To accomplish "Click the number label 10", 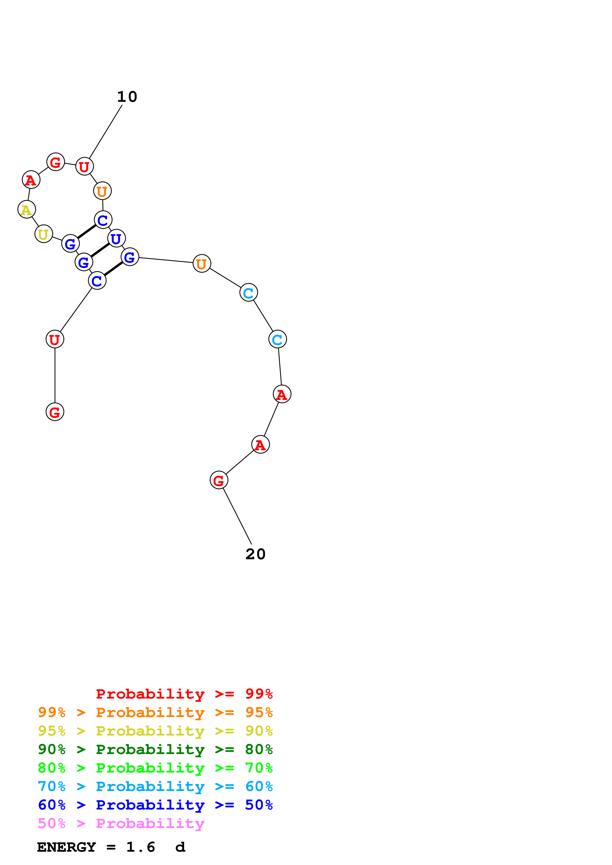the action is coord(127,97).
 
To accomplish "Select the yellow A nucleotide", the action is coord(26,209).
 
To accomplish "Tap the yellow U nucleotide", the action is coord(44,234).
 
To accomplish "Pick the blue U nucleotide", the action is coord(116,238).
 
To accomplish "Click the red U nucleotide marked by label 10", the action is coord(84,166).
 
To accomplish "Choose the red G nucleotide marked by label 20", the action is coord(219,480).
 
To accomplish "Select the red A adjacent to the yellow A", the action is coord(31,180).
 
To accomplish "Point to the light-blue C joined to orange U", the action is coord(249,292).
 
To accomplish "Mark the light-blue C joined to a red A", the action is coord(277,340).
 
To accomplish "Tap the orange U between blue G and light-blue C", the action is coord(202,263).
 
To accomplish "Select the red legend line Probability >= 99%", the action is coord(184,694).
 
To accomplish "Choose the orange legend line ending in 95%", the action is coord(155,712).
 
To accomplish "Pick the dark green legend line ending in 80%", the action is coord(155,749).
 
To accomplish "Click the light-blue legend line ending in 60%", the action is coord(155,786).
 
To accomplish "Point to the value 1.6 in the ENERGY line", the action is coord(140,847).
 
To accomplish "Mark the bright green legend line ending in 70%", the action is coord(155,768).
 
